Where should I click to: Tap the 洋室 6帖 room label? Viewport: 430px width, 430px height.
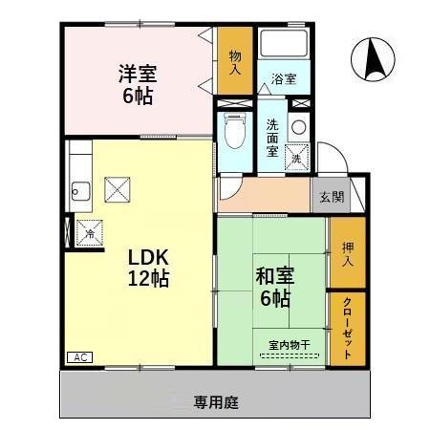click(138, 83)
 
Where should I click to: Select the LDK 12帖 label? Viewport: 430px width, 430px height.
click(149, 268)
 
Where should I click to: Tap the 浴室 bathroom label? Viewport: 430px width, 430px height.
click(283, 78)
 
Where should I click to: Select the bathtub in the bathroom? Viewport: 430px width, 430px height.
click(284, 45)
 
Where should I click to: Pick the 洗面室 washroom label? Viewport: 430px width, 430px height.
click(273, 138)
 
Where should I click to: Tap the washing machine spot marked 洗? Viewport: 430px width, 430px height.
click(297, 152)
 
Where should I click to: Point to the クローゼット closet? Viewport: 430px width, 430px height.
click(347, 327)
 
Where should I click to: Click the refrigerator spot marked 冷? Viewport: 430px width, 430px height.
click(90, 232)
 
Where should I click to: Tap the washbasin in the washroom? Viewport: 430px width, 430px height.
click(299, 125)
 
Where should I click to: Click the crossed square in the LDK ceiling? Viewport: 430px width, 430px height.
click(118, 189)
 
